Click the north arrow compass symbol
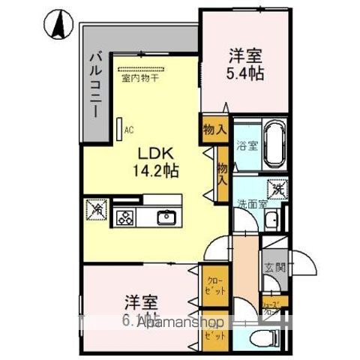(x=58, y=25)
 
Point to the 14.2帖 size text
(x=154, y=170)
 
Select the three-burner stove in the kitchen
(x=124, y=218)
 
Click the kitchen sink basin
(x=166, y=218)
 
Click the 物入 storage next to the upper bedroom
(x=214, y=130)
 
